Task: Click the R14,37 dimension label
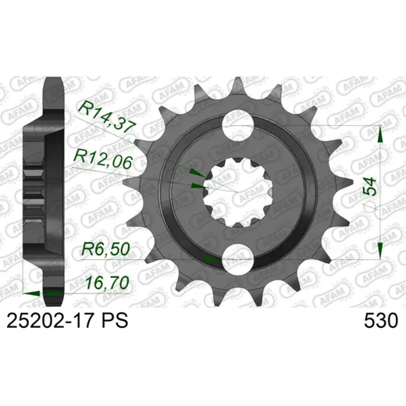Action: coord(108,116)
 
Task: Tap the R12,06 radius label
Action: coord(103,160)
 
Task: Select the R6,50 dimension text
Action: coord(105,249)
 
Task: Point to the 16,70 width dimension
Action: coord(107,283)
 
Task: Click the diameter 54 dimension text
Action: coord(370,194)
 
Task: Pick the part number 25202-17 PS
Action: coord(67,321)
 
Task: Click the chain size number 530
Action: coord(381,321)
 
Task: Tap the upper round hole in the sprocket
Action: coord(238,126)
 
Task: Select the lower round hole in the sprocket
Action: coord(238,259)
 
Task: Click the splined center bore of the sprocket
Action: coord(238,193)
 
